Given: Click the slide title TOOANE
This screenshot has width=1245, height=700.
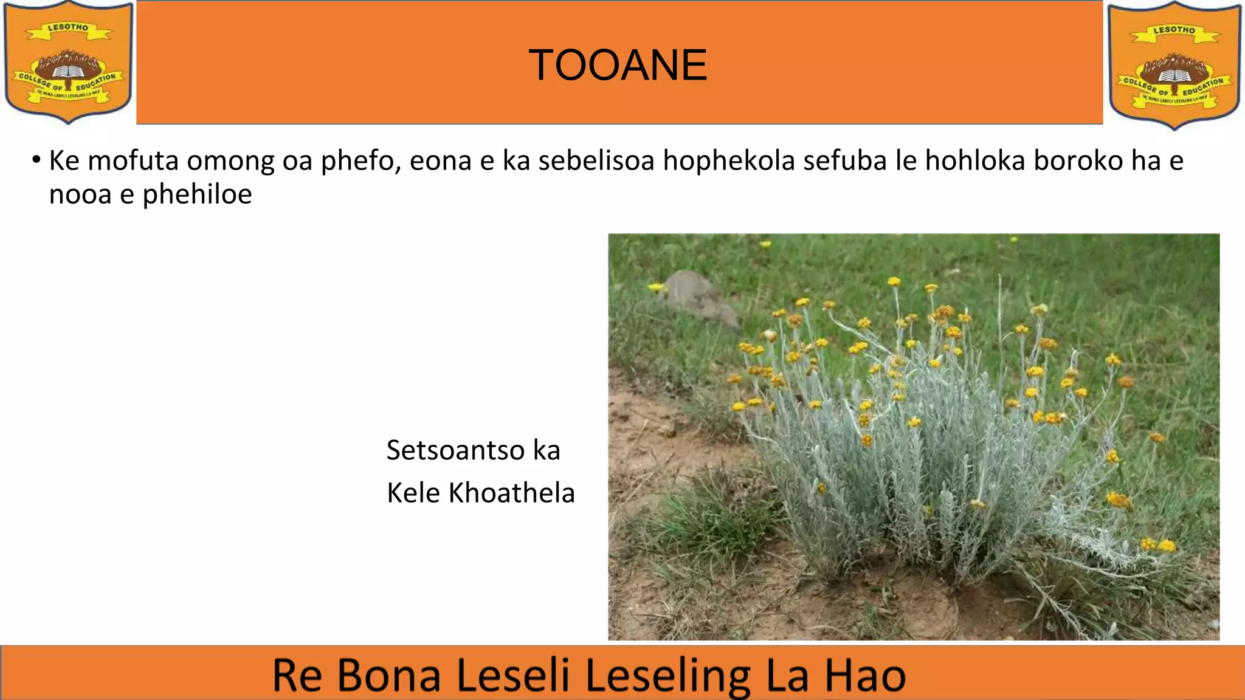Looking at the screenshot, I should pos(618,65).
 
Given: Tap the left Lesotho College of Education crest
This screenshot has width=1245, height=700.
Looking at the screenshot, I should pos(69,62).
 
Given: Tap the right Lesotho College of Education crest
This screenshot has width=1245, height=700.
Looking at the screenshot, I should pos(1174,65).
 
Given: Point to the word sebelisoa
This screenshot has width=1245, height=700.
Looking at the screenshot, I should pos(596,161).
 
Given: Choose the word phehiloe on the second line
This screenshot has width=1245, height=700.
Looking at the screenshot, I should pos(197,195).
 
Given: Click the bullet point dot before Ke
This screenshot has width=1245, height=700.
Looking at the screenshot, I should pos(36,160).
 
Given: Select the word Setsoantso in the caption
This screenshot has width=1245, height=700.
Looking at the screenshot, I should pos(455,451).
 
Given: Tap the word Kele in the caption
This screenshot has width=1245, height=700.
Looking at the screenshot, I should pos(413,493).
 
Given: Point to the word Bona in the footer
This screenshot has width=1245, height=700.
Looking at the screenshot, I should pos(388,675).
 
